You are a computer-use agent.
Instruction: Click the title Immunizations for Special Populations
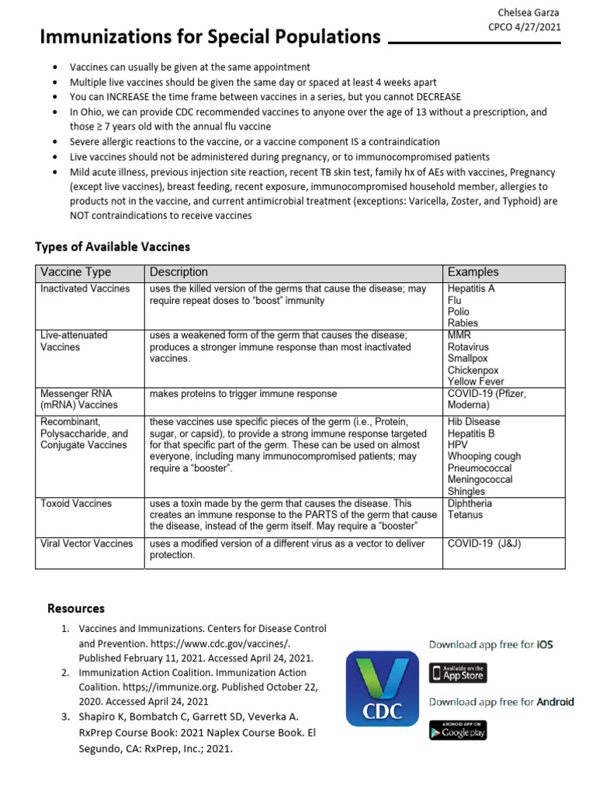tap(210, 36)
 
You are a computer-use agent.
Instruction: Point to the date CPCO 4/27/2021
tap(524, 26)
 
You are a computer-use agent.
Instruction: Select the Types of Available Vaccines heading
tap(113, 247)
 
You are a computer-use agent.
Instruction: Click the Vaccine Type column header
tap(75, 272)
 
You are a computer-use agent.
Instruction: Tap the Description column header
tap(178, 272)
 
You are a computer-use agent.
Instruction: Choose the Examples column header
tap(473, 272)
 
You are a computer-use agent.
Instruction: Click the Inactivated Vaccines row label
tap(85, 288)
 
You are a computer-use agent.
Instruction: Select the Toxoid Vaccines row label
tap(76, 503)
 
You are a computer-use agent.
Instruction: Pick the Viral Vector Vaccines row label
tap(87, 544)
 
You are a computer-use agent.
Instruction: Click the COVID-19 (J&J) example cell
tap(484, 544)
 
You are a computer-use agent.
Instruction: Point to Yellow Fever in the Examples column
tap(476, 381)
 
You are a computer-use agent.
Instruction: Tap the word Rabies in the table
tap(463, 323)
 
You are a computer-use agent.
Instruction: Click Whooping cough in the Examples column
tap(484, 457)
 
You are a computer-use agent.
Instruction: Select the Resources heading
tap(76, 608)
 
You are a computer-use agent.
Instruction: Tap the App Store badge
tap(458, 672)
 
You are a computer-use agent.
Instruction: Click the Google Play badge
tap(458, 730)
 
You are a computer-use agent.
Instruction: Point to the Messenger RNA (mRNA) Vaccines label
tap(79, 399)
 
